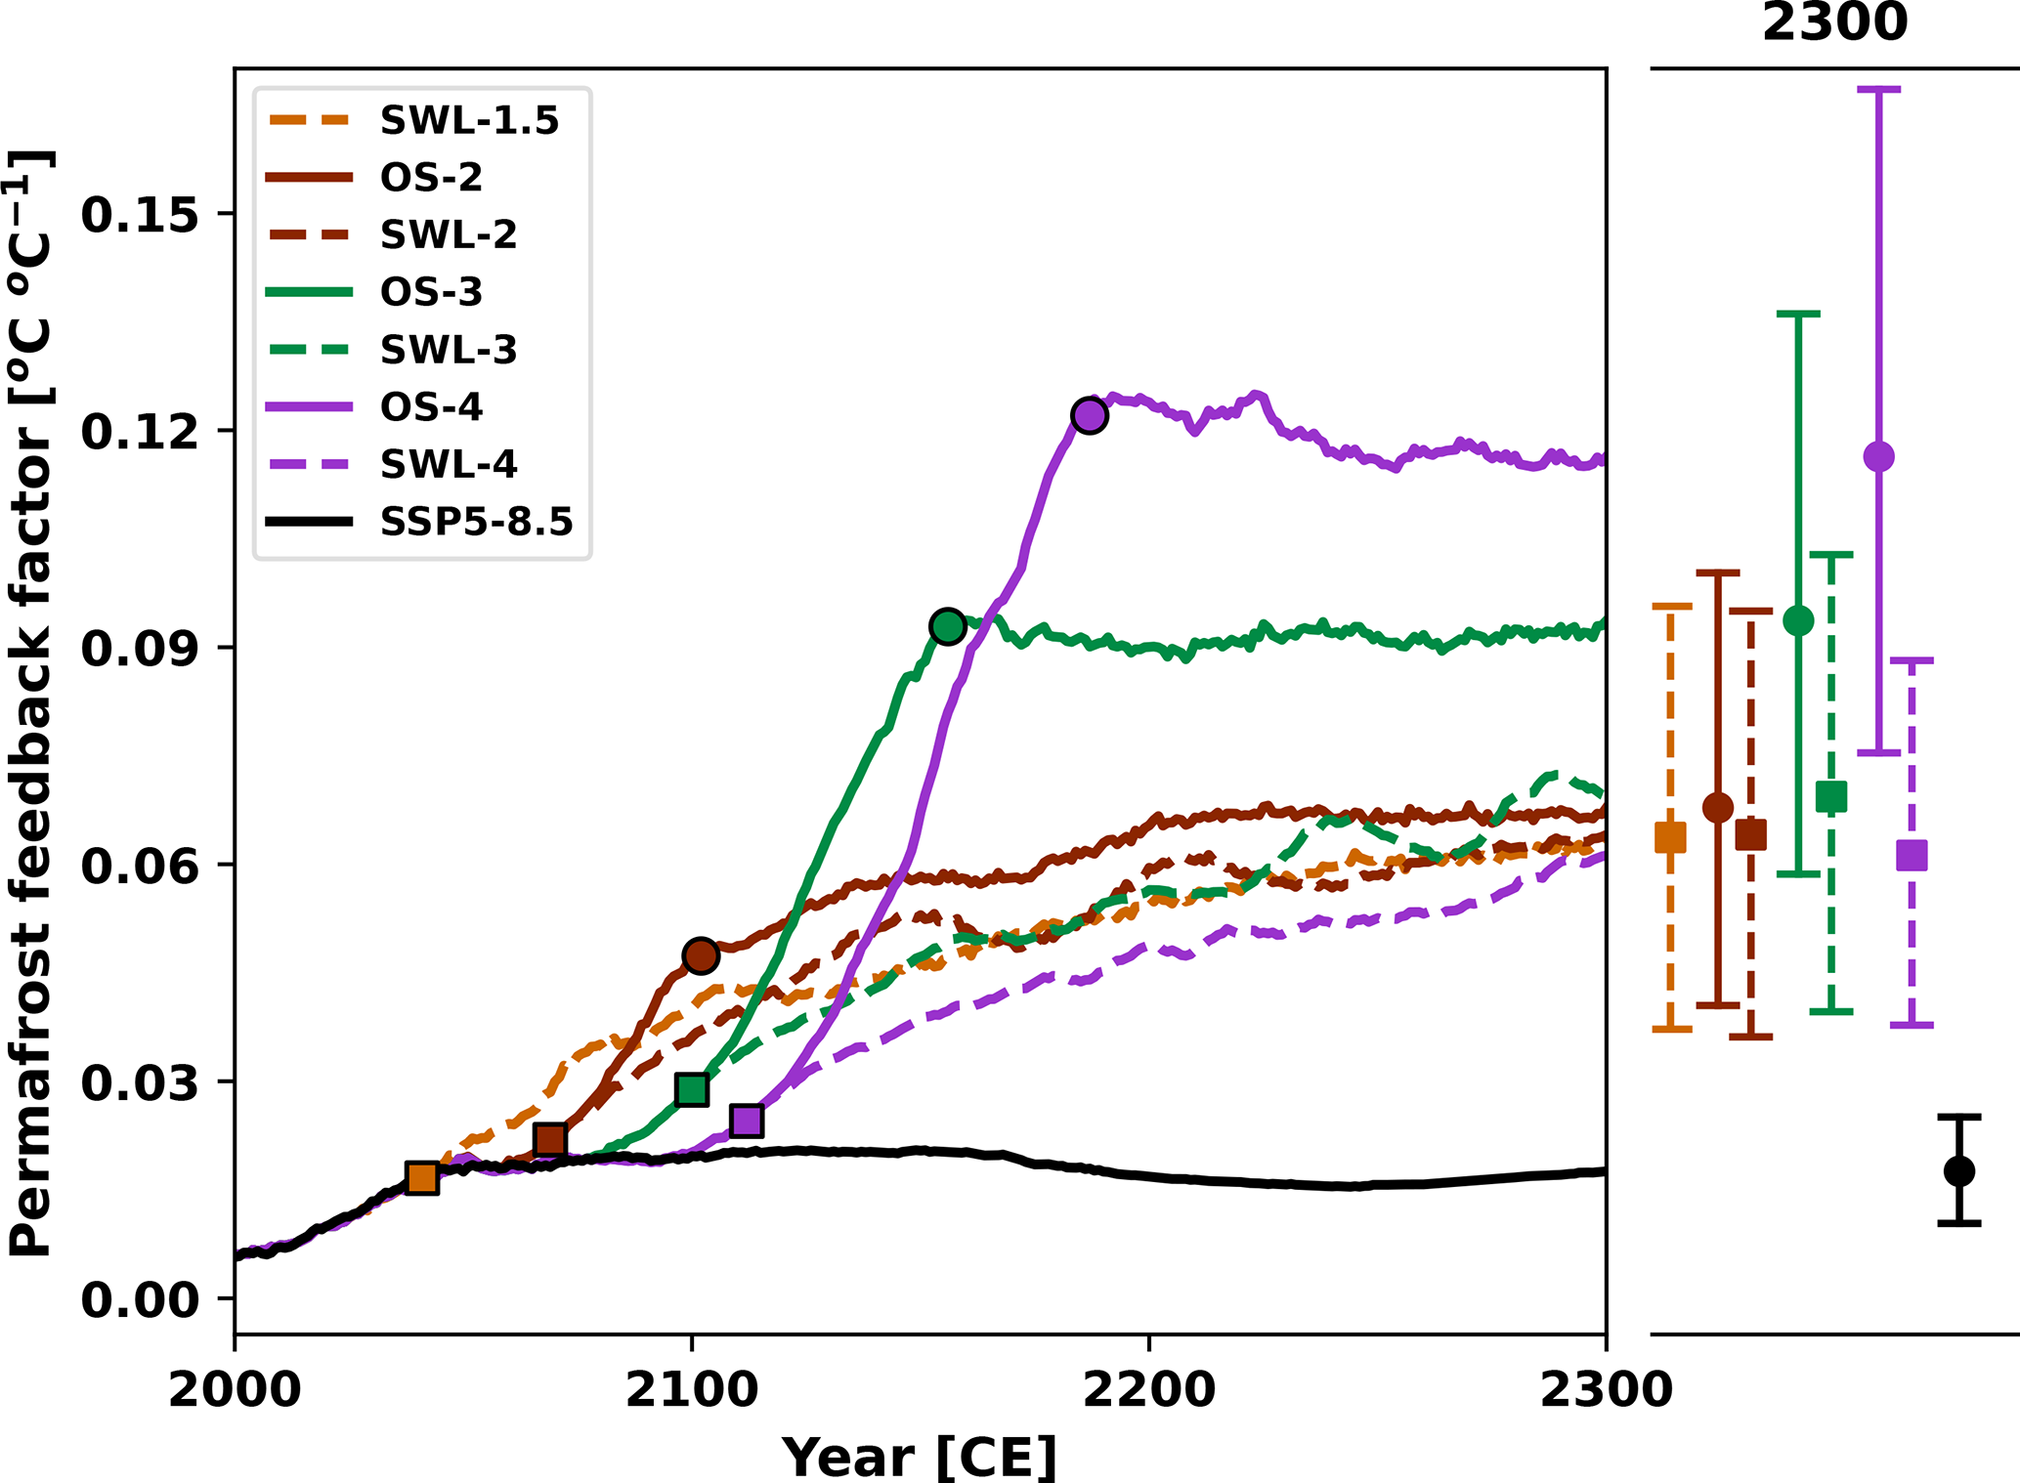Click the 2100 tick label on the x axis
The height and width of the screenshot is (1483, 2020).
pos(692,1389)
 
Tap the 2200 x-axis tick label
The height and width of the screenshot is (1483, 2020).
pos(1149,1389)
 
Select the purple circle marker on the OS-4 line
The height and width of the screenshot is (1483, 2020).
pos(1089,415)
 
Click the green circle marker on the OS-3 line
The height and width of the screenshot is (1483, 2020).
pos(948,626)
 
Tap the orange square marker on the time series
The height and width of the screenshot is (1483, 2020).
pos(421,1177)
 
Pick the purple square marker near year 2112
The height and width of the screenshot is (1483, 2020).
pos(747,1121)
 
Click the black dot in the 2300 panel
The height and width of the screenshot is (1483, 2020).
pos(1959,1170)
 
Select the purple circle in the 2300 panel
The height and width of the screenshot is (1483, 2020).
pos(1878,456)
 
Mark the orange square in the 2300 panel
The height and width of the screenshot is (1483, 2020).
pos(1670,837)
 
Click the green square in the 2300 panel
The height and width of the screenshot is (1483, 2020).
pos(1831,797)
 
